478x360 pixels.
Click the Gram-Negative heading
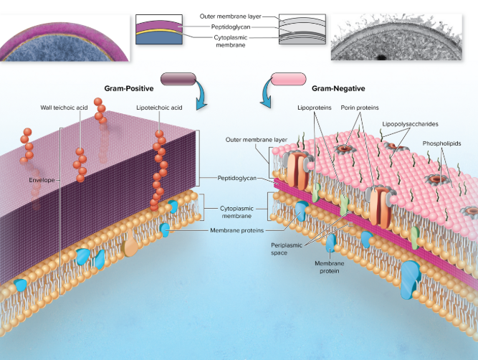click(x=338, y=88)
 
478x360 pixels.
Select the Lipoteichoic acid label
click(x=159, y=108)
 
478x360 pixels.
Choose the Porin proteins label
click(x=360, y=108)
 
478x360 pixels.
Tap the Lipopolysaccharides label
click(x=410, y=123)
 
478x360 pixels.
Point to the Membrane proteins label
click(x=236, y=230)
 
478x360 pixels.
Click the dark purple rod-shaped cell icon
click(x=180, y=79)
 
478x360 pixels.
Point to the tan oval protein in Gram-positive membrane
click(x=131, y=247)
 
